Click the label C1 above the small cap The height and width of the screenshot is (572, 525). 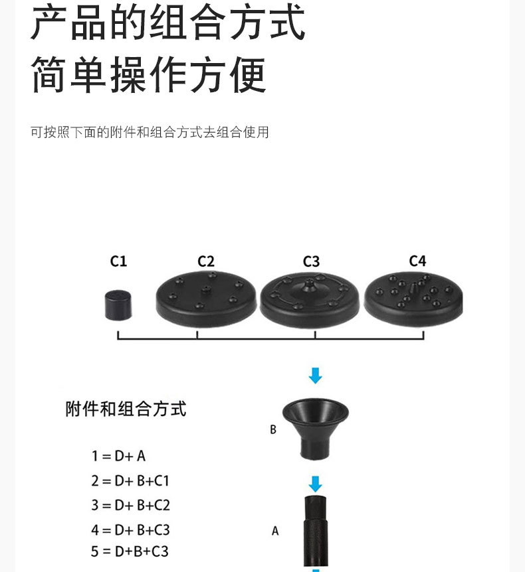118,261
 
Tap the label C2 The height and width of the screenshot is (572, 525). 206,261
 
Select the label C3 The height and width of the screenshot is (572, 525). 311,261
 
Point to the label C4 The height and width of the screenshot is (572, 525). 417,261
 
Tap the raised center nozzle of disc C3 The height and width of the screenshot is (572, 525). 310,287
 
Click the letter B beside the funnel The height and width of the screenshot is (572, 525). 272,430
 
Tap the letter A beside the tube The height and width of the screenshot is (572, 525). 275,531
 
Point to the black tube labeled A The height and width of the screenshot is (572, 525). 316,531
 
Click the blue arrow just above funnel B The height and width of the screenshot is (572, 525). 316,376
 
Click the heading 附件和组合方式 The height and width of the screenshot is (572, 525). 126,409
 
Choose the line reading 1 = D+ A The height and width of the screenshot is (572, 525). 118,456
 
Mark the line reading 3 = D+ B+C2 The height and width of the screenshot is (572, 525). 130,505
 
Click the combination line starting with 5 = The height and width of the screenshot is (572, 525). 130,551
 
